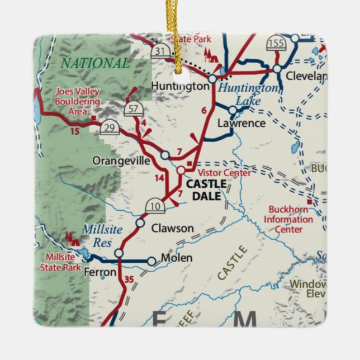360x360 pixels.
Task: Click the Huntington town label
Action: [x=180, y=87]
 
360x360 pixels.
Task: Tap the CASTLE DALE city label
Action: [x=206, y=190]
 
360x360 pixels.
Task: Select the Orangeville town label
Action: [x=121, y=160]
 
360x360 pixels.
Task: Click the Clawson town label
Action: [x=173, y=228]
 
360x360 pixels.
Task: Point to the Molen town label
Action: [x=177, y=258]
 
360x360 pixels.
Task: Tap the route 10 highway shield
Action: [x=154, y=206]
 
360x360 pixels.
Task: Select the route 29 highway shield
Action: [x=110, y=129]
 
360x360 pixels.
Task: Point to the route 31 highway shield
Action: [x=159, y=51]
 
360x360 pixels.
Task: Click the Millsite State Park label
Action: [x=62, y=262]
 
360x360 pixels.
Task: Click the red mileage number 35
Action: [x=130, y=280]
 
